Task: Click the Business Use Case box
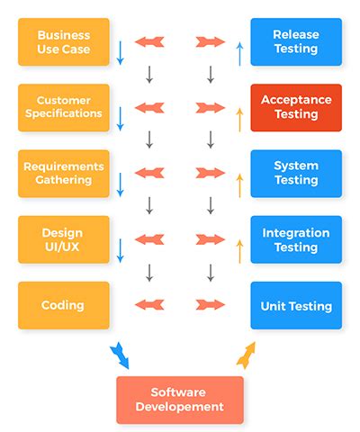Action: (x=63, y=41)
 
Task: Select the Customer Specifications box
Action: (x=63, y=107)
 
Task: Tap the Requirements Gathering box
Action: (x=63, y=173)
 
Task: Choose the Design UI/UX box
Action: (x=63, y=239)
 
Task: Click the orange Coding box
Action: (x=63, y=305)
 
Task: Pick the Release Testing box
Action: (x=296, y=41)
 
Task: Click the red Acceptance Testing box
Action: (x=296, y=107)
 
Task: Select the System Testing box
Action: (x=296, y=173)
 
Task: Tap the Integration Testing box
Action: (x=296, y=239)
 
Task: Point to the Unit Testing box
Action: (x=296, y=305)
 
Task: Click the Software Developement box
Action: (x=180, y=400)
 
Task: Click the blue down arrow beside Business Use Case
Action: (x=120, y=51)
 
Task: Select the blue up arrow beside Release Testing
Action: (x=239, y=51)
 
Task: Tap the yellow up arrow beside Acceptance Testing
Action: (x=239, y=118)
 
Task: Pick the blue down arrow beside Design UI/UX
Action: (x=120, y=249)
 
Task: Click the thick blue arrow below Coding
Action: (x=120, y=355)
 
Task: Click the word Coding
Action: (x=63, y=305)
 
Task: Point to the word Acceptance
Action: (x=296, y=100)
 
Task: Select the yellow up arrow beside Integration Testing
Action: (x=239, y=249)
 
